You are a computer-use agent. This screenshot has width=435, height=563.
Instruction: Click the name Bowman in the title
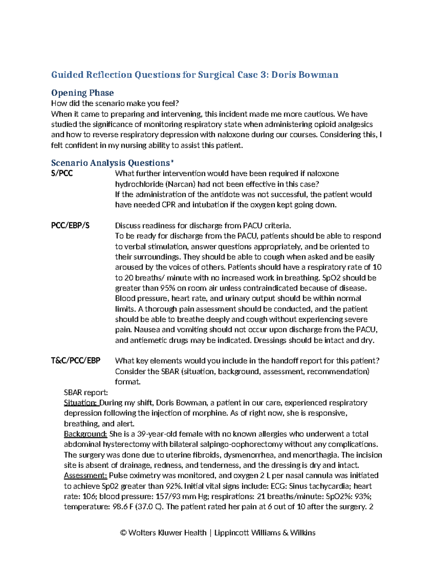(x=319, y=75)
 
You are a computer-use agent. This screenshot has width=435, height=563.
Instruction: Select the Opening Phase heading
(x=82, y=93)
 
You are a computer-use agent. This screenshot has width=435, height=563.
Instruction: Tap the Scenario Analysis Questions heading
(x=111, y=163)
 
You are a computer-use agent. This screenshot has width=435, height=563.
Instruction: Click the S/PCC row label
(x=62, y=173)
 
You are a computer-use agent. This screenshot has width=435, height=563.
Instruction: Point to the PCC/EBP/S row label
(x=70, y=225)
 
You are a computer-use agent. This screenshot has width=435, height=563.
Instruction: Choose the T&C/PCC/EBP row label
(x=76, y=361)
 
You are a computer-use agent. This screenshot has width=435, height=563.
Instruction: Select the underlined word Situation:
(x=81, y=403)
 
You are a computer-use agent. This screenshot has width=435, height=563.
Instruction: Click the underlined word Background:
(x=86, y=434)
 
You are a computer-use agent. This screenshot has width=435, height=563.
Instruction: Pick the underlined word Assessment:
(x=86, y=476)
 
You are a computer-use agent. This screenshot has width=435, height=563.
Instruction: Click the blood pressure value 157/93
(x=168, y=496)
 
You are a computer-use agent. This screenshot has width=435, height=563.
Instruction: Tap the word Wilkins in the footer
(x=303, y=533)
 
